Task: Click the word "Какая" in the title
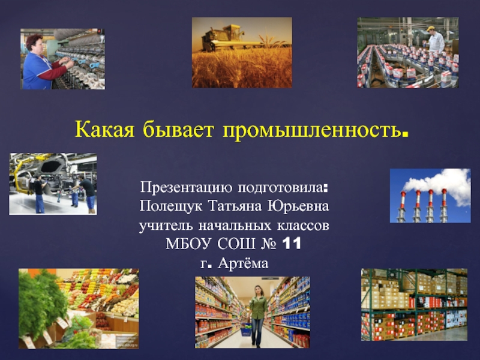(x=104, y=130)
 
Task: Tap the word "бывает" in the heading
(x=178, y=130)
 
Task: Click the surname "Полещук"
(x=170, y=206)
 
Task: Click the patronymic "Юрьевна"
(x=298, y=206)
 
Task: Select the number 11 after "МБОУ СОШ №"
(x=292, y=244)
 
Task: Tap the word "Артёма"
(x=243, y=263)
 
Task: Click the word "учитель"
(x=166, y=226)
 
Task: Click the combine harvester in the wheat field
(x=223, y=38)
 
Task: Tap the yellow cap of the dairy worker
(x=431, y=28)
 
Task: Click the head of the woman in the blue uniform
(x=34, y=43)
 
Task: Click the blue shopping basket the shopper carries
(x=246, y=331)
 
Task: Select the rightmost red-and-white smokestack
(x=444, y=205)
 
